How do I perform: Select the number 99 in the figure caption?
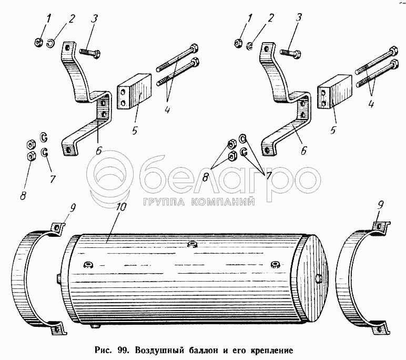(124, 349)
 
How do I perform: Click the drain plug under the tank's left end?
(95, 327)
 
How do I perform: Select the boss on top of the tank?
(191, 244)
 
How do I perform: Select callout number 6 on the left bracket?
(98, 149)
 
